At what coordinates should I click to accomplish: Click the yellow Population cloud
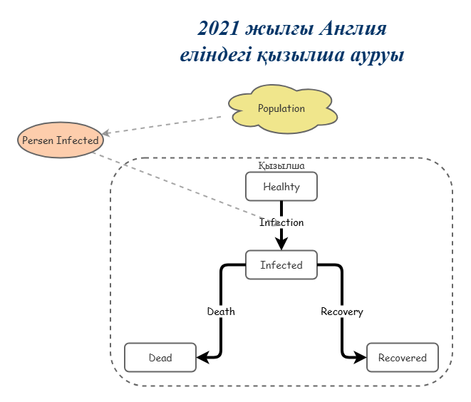pyautogui.click(x=282, y=109)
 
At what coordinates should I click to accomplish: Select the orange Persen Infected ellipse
pyautogui.click(x=60, y=140)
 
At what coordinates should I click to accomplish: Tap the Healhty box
pyautogui.click(x=281, y=187)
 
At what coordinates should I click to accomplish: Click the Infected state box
pyautogui.click(x=281, y=265)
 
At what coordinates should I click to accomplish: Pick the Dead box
pyautogui.click(x=160, y=358)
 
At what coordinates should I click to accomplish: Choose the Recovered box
pyautogui.click(x=402, y=358)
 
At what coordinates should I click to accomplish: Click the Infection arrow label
pyautogui.click(x=281, y=222)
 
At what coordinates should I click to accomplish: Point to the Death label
pyautogui.click(x=221, y=311)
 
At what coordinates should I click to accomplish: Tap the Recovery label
pyautogui.click(x=341, y=311)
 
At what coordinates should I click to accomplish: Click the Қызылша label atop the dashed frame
pyautogui.click(x=281, y=165)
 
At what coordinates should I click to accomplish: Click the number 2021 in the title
pyautogui.click(x=218, y=29)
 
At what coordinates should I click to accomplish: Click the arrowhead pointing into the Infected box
pyautogui.click(x=281, y=244)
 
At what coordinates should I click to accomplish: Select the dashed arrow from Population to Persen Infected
pyautogui.click(x=164, y=125)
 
